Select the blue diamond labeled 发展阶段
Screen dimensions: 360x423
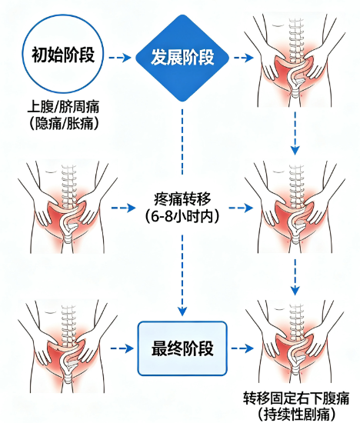coord(182,58)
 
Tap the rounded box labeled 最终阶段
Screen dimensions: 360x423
coord(182,348)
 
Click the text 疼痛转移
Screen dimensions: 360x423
coord(182,199)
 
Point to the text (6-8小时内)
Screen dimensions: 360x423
coord(182,216)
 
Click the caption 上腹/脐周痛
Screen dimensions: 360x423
coord(63,107)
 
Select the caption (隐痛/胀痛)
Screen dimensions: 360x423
coord(63,124)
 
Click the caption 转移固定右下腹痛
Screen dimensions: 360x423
coord(296,398)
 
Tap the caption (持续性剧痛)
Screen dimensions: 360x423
coord(296,415)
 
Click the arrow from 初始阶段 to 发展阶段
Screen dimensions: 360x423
coord(119,58)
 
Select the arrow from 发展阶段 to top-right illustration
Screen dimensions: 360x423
coord(244,58)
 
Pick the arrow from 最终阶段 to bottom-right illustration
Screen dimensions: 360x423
coord(242,348)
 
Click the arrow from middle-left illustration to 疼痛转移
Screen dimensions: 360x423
coord(123,208)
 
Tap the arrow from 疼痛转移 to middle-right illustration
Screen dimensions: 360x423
coord(241,208)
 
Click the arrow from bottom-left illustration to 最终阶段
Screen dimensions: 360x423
coord(122,348)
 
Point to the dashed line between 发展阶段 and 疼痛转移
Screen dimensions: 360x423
coord(182,142)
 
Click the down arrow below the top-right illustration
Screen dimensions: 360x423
coord(295,133)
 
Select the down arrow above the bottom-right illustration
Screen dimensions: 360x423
coord(295,277)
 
